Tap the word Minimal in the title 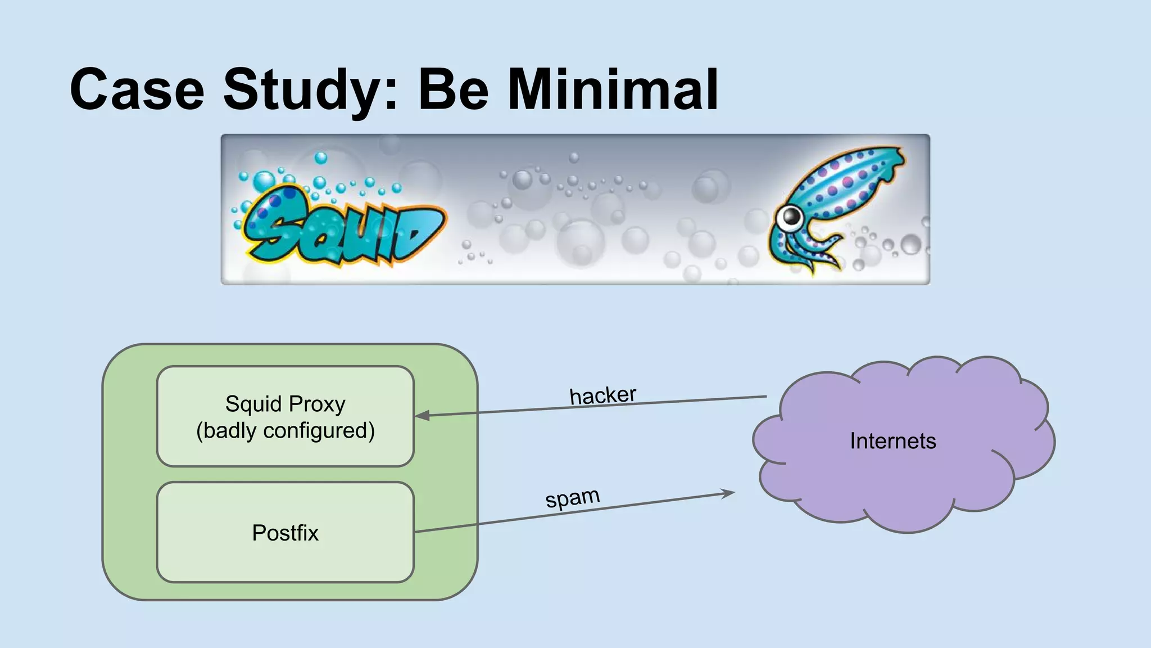tap(613, 90)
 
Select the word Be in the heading tap(453, 90)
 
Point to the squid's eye tap(791, 217)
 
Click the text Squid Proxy tap(285, 404)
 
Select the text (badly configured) tap(285, 431)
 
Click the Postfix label tap(285, 533)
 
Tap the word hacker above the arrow tap(602, 395)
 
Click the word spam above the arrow tap(572, 498)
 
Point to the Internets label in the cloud tap(892, 441)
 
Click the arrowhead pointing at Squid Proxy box tap(422, 416)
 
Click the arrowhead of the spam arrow tap(729, 494)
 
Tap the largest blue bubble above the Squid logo tap(264, 182)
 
